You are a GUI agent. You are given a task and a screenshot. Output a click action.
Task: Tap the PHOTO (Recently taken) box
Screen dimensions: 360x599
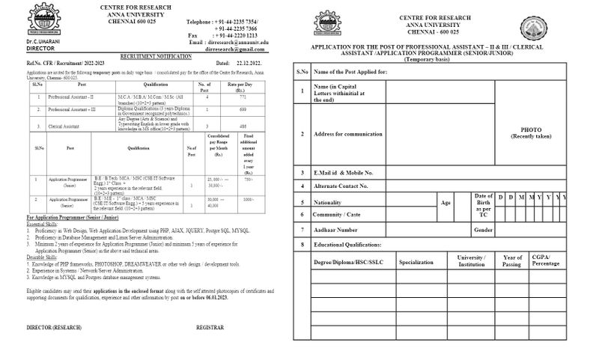[531, 132]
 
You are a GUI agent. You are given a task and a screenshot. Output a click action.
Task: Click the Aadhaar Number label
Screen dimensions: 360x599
[338, 229]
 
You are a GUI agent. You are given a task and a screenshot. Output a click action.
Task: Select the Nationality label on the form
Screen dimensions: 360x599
[329, 202]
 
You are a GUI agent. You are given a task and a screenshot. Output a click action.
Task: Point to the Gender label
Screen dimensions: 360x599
[483, 229]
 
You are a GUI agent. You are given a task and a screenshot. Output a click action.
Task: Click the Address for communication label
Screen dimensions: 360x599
[348, 134]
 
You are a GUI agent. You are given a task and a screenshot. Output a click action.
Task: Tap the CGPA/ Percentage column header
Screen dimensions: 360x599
[545, 260]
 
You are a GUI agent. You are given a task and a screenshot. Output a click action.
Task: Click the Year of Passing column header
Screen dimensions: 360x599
[512, 260]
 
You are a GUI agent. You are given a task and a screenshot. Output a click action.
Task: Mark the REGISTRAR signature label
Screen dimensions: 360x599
[210, 328]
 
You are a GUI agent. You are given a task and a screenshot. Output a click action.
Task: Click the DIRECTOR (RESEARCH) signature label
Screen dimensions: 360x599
[55, 328]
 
